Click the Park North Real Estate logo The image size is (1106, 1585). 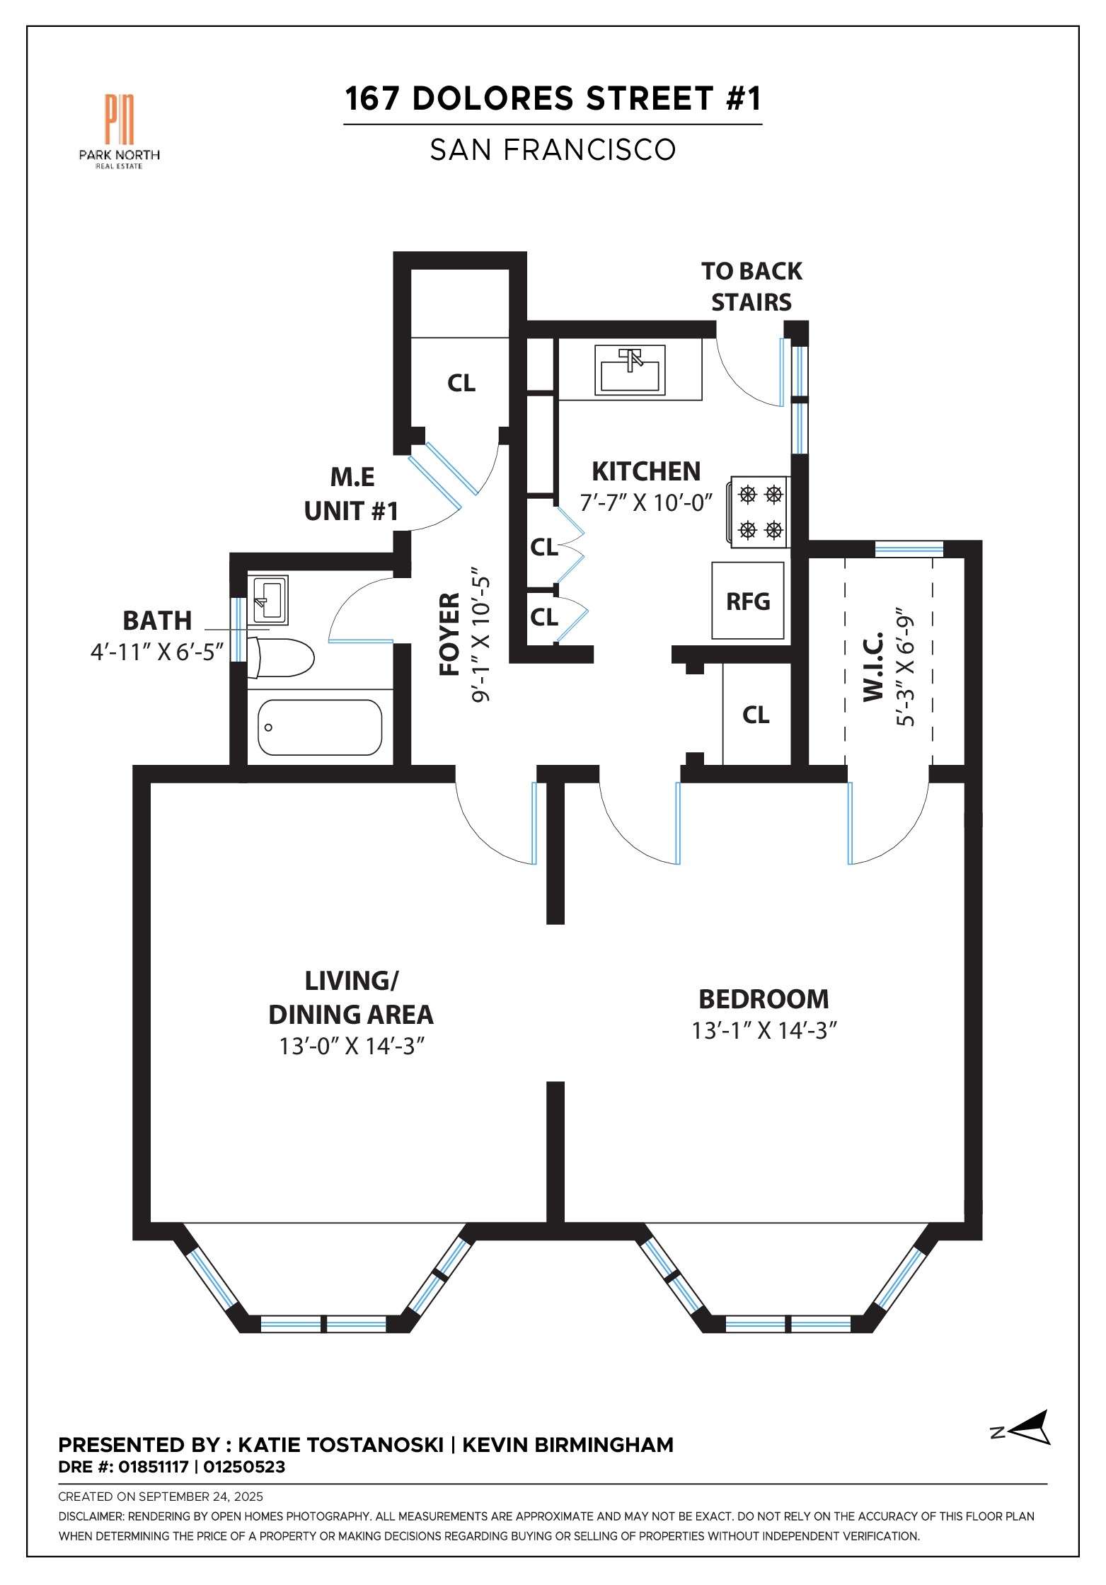coord(119,132)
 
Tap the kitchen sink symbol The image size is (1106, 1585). coord(630,369)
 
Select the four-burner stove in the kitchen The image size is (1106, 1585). coord(758,512)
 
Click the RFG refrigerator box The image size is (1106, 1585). coord(748,601)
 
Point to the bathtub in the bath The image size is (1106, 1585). coord(320,727)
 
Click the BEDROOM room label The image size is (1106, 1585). coord(764,998)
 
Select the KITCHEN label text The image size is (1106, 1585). coord(646,471)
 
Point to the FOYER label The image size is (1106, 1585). coord(450,634)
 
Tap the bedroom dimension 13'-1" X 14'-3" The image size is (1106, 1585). coord(764,1030)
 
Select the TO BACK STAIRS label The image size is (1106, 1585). coord(751,287)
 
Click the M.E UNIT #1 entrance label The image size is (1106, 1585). coord(352,494)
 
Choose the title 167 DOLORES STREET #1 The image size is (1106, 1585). coord(553,98)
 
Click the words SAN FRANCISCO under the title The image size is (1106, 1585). coord(553,149)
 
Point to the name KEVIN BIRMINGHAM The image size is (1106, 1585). coord(568,1444)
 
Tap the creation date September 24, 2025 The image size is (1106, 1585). coord(200,1497)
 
